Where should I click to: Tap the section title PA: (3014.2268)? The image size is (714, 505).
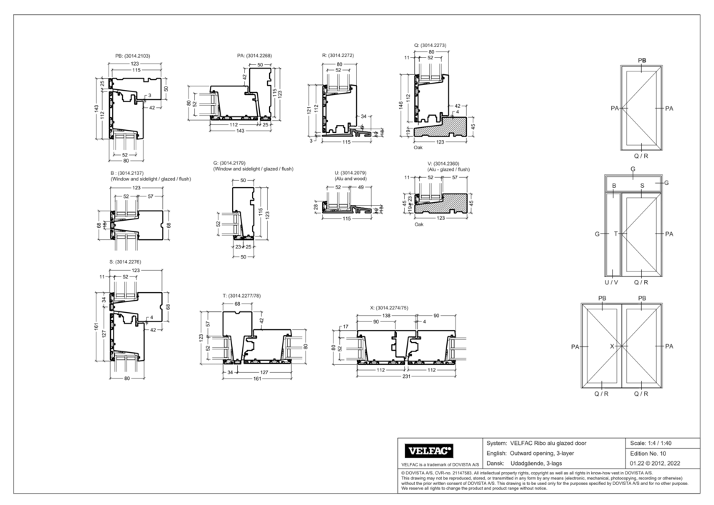click(254, 55)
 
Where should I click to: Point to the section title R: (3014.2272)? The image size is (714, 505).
click(339, 55)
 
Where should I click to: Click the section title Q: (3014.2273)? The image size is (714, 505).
click(430, 44)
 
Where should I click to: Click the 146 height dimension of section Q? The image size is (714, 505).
click(401, 104)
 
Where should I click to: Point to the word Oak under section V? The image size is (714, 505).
click(419, 224)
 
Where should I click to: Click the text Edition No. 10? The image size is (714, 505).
click(648, 454)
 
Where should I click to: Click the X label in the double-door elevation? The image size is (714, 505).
click(612, 346)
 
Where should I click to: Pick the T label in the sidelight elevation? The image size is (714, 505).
click(615, 234)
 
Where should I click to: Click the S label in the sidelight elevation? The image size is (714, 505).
click(642, 186)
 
